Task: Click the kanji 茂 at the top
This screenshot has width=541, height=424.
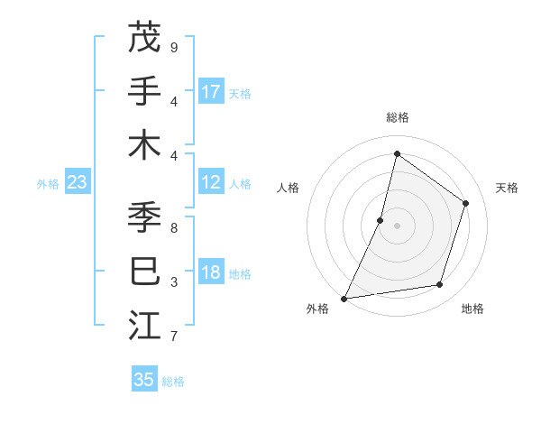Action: click(x=144, y=38)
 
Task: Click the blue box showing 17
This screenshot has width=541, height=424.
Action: click(x=211, y=92)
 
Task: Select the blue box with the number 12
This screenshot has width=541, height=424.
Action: click(x=211, y=183)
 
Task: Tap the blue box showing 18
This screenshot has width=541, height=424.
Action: click(x=211, y=273)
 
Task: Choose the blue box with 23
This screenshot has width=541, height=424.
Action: click(x=77, y=183)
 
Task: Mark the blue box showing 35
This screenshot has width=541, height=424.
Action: click(x=144, y=380)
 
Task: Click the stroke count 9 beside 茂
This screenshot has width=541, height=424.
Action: click(x=174, y=47)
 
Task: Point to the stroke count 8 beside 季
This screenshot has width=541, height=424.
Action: click(x=174, y=228)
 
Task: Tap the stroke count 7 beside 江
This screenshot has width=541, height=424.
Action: click(x=174, y=336)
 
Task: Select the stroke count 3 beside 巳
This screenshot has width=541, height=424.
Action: click(x=174, y=282)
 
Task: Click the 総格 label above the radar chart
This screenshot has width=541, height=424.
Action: click(x=397, y=117)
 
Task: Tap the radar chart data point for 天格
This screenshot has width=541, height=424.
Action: click(x=466, y=203)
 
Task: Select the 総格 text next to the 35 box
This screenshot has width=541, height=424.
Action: click(x=174, y=382)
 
